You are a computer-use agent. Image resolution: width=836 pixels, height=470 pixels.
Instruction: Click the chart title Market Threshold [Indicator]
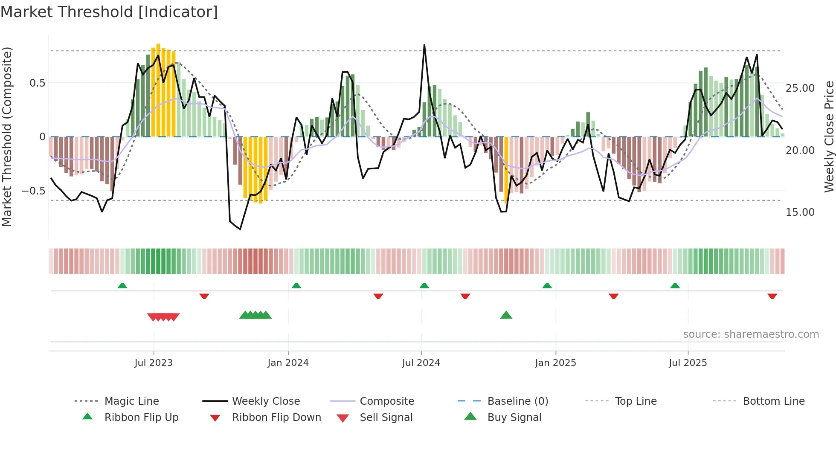tap(109, 12)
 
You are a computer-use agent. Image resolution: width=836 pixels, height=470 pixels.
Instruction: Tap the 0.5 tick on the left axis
tap(37, 83)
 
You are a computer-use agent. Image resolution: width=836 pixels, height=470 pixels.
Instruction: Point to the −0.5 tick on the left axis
tap(34, 191)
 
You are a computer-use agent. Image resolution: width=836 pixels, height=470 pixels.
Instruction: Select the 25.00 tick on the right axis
tap(800, 88)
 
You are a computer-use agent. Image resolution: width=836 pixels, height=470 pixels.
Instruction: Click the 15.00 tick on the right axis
tap(800, 212)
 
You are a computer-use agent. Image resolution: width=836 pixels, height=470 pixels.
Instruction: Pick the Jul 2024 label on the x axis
tap(421, 363)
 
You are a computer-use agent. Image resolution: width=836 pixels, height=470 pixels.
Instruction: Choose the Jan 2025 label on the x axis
tap(555, 363)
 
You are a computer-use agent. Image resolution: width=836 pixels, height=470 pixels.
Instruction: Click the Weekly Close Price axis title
tap(829, 136)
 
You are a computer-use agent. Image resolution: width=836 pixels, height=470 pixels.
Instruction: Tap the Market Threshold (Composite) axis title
tap(7, 136)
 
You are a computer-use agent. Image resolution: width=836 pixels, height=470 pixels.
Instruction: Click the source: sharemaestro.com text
tap(751, 334)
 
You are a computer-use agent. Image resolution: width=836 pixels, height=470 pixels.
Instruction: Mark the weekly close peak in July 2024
tap(424, 45)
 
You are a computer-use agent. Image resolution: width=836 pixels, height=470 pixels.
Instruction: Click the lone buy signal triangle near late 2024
tap(506, 315)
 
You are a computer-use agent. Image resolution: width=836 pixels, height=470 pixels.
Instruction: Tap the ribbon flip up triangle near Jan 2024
tap(296, 286)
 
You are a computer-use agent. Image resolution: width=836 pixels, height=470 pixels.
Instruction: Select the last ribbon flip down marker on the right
tap(772, 296)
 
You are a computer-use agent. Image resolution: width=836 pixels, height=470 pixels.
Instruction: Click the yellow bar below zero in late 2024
tap(506, 171)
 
